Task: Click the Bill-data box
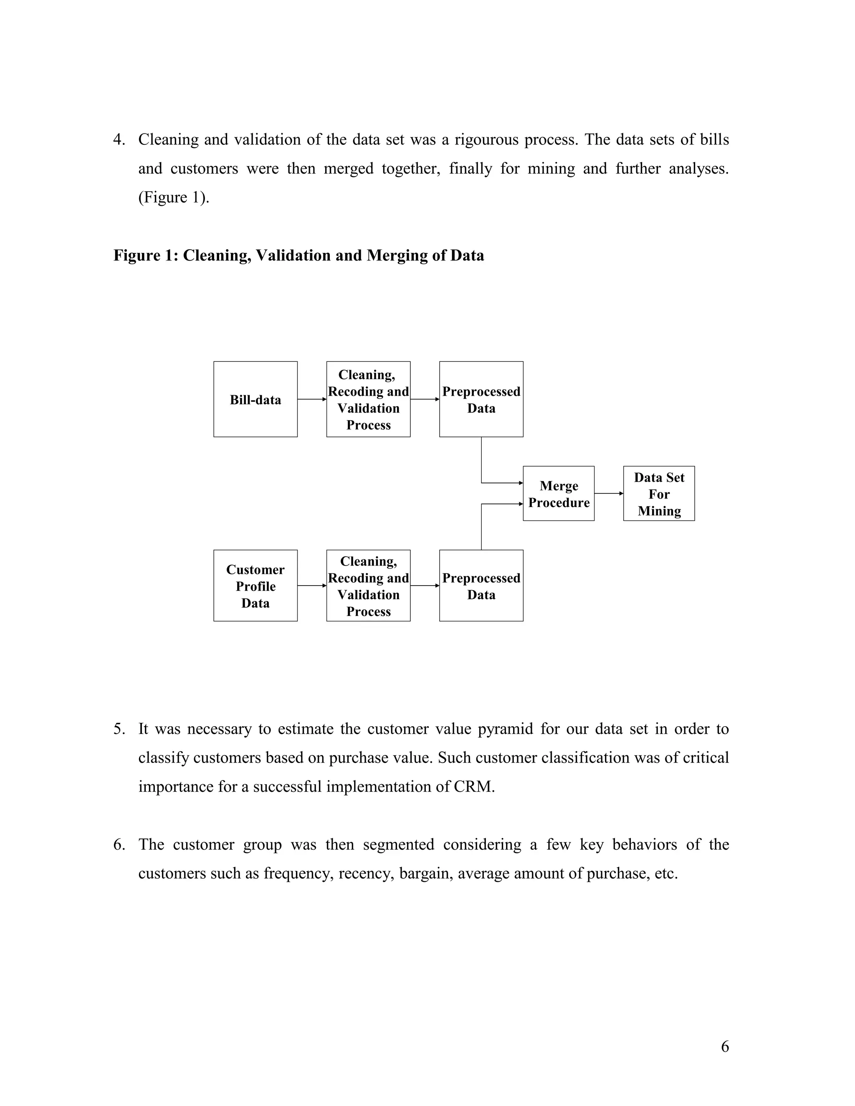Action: [255, 399]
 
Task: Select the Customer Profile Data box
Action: [255, 586]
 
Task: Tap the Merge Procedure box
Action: [558, 493]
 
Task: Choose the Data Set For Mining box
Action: [658, 493]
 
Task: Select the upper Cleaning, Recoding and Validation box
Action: [368, 399]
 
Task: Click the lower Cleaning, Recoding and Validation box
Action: [368, 586]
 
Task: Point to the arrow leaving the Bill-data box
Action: [311, 399]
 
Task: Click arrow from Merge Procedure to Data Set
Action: [608, 493]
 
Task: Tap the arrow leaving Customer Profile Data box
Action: [311, 586]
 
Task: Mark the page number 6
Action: [725, 1046]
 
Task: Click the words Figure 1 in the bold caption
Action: [143, 255]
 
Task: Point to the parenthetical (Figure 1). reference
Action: [174, 197]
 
